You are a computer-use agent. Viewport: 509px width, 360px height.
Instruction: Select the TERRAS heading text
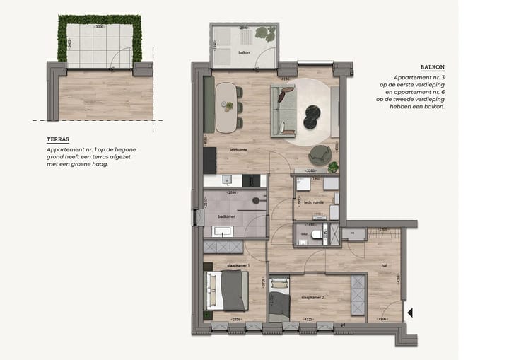(x=57, y=140)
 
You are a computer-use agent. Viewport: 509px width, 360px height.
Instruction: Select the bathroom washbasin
(x=223, y=231)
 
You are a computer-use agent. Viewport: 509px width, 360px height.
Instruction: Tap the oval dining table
(x=227, y=107)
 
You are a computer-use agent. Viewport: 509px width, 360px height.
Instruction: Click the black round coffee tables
(x=312, y=117)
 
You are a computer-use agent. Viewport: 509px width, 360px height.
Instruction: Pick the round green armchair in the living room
(x=319, y=154)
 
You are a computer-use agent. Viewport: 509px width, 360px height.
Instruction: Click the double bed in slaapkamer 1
(x=226, y=291)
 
